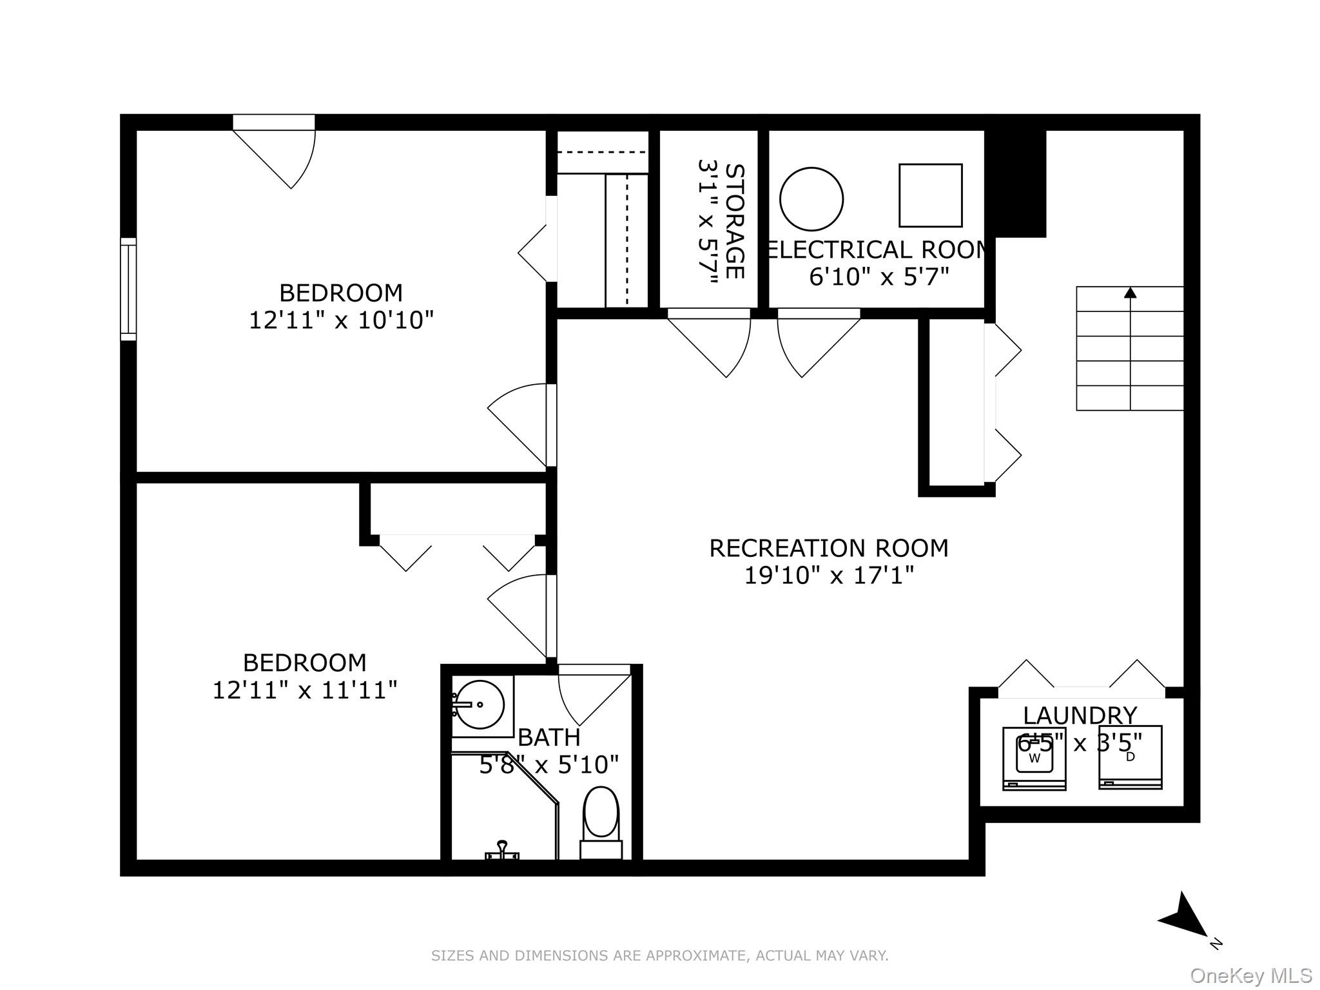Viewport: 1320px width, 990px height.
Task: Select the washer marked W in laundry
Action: point(1034,758)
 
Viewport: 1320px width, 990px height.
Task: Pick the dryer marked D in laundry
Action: point(1130,758)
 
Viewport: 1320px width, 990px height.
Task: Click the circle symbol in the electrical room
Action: point(811,199)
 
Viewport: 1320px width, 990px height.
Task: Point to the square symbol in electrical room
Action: point(930,195)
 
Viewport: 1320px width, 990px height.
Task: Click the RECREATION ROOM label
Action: point(829,548)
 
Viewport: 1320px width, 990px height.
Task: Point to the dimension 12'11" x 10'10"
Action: point(341,320)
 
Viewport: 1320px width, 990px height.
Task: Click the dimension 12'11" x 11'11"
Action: point(304,690)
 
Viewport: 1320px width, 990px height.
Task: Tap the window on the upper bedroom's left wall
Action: point(129,289)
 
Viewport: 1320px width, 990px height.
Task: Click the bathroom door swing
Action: point(590,696)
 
